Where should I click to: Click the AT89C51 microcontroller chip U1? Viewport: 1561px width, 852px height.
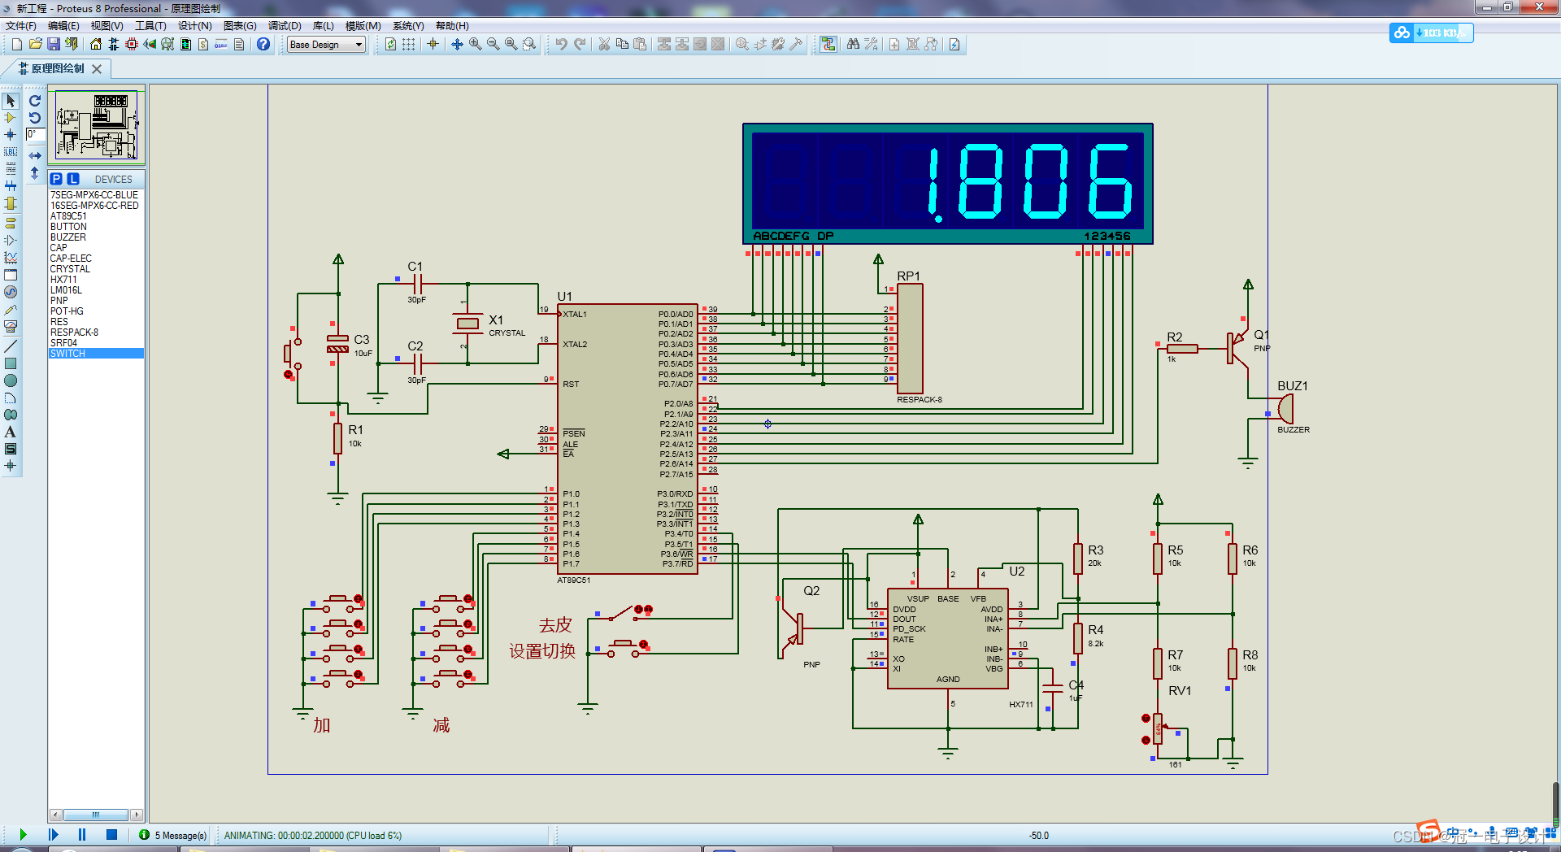click(x=626, y=439)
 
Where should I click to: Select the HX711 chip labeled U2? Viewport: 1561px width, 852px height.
click(x=947, y=638)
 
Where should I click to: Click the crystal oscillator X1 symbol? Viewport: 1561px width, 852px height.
click(x=467, y=324)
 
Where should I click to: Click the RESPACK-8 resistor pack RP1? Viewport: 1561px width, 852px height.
click(x=909, y=339)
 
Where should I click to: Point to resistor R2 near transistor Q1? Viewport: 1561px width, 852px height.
click(x=1181, y=349)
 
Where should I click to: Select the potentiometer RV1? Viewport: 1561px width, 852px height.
click(x=1158, y=728)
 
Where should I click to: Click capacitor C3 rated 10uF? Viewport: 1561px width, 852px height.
click(x=337, y=343)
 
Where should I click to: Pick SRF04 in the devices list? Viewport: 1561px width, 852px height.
click(x=63, y=343)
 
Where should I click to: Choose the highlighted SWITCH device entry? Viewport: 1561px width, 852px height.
click(x=67, y=354)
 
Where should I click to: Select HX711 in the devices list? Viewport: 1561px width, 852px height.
click(x=63, y=280)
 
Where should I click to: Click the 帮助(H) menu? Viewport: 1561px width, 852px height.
click(x=452, y=26)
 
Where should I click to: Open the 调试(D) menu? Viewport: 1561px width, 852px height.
click(x=285, y=26)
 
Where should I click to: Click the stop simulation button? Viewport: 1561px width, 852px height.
click(x=111, y=834)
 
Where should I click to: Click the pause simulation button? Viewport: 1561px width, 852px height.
click(x=82, y=834)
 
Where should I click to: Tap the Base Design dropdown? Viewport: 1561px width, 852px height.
click(x=326, y=45)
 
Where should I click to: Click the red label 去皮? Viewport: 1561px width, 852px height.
click(x=555, y=625)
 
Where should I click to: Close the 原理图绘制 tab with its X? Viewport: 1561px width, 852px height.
click(x=97, y=69)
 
